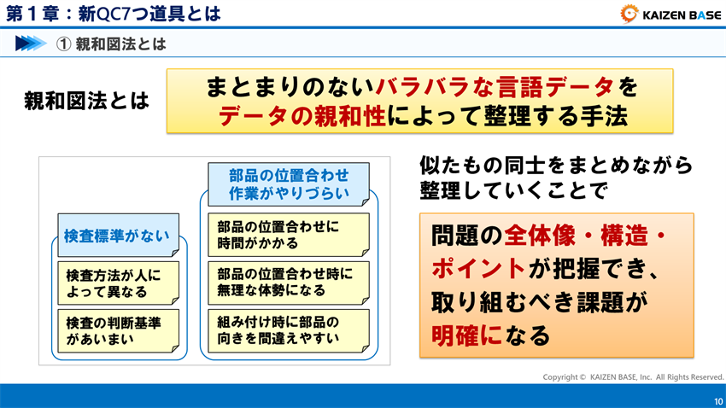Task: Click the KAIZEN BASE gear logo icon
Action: (630, 14)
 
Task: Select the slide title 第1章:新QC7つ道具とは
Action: (114, 14)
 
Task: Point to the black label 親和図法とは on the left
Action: (87, 102)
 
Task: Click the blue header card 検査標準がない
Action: (117, 236)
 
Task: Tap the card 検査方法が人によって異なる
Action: (119, 283)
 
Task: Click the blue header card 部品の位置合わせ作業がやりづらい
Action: (289, 184)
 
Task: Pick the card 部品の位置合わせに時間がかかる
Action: (289, 235)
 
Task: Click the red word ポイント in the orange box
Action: (477, 268)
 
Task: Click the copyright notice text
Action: (633, 376)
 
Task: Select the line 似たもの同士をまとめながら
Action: (555, 165)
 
